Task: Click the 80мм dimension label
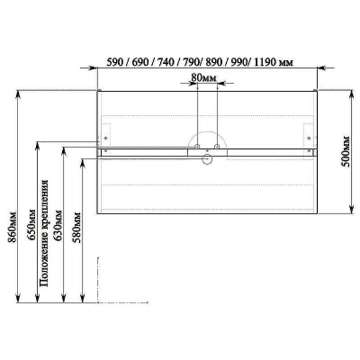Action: [203, 77]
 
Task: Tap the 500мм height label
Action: [346, 152]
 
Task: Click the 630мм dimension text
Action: [58, 226]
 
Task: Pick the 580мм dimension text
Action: [76, 228]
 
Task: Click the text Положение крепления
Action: [44, 233]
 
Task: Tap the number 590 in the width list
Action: [114, 62]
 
